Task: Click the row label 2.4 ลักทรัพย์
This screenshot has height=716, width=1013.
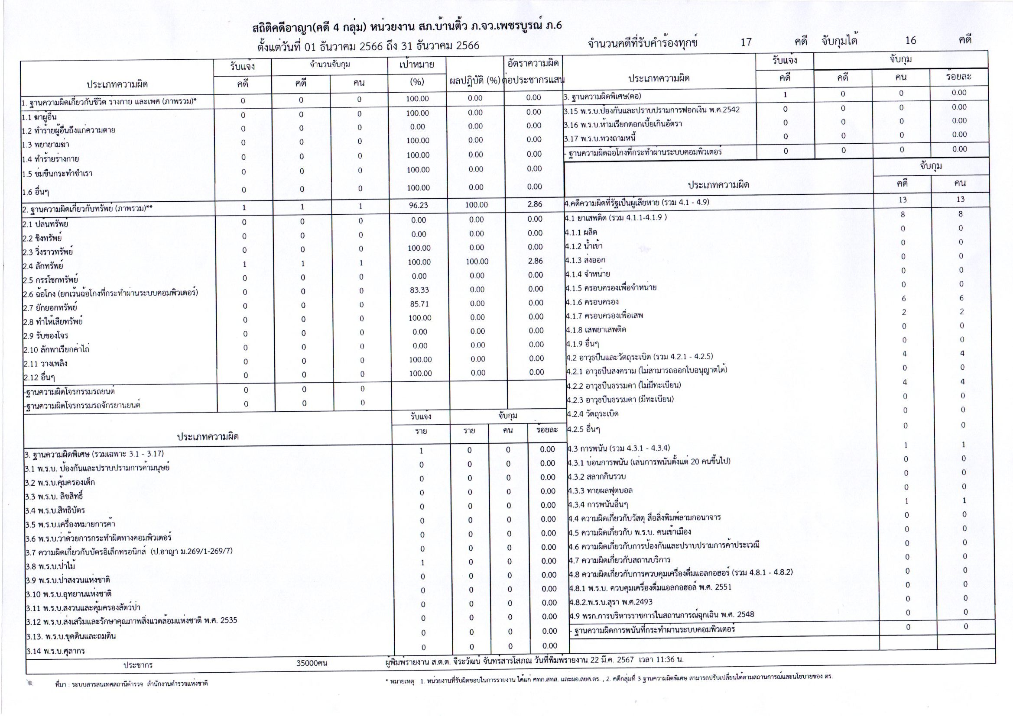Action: pyautogui.click(x=43, y=266)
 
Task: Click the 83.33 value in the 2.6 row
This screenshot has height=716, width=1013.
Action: pyautogui.click(x=419, y=290)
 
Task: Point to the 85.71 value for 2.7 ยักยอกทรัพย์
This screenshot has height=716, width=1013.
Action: pyautogui.click(x=419, y=304)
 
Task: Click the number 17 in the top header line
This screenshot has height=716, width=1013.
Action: pyautogui.click(x=746, y=42)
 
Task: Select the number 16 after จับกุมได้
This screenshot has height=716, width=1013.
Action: pyautogui.click(x=911, y=41)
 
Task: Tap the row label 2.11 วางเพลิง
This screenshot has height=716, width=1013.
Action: pyautogui.click(x=45, y=364)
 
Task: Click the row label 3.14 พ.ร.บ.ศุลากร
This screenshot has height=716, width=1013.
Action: pyautogui.click(x=55, y=651)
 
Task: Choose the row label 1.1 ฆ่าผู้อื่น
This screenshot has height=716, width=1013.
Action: pyautogui.click(x=39, y=117)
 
